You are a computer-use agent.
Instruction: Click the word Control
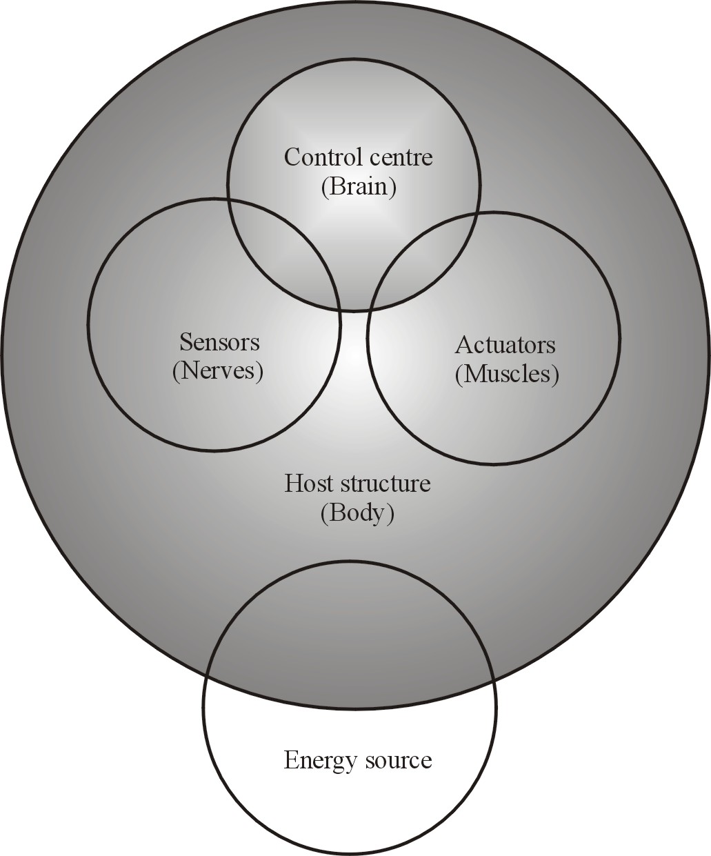[318, 158]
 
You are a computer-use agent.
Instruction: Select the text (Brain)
[359, 188]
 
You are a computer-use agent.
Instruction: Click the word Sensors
[219, 342]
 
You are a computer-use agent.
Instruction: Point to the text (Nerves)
[218, 372]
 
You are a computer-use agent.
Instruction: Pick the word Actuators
[505, 344]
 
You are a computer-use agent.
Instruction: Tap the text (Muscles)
[507, 374]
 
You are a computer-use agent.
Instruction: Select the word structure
[385, 484]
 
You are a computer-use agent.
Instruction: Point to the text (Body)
[357, 513]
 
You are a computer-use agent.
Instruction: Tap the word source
[400, 761]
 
